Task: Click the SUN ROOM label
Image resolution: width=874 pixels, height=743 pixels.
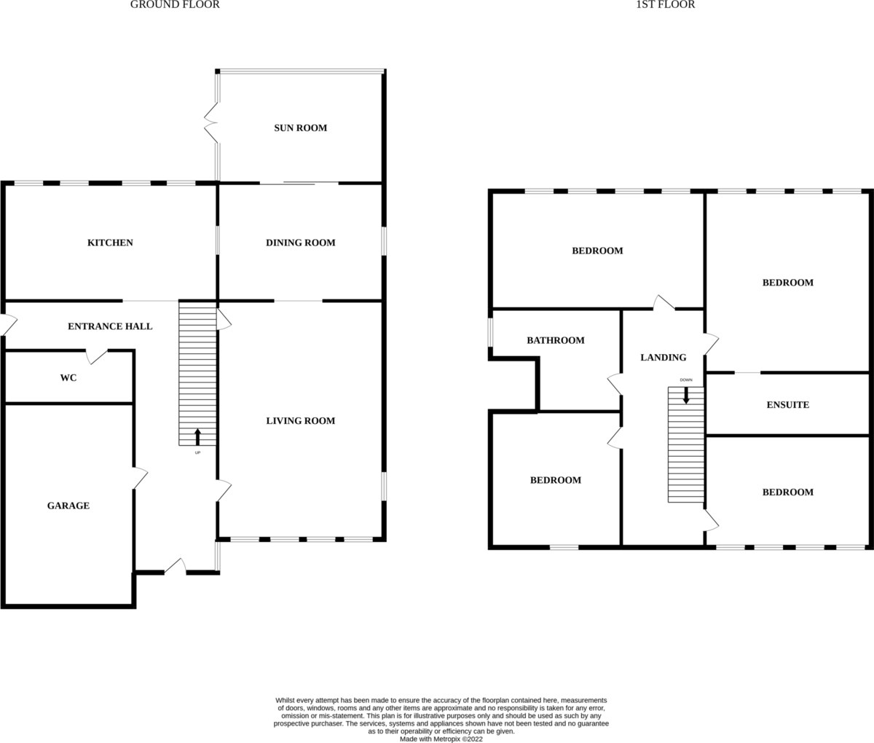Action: pos(300,127)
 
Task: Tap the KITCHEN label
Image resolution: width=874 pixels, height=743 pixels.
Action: pos(110,243)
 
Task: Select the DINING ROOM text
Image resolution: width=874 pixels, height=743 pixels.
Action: pos(300,243)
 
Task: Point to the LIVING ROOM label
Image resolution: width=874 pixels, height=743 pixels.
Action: pos(300,420)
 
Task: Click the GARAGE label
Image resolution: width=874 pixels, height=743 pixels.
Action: pos(68,506)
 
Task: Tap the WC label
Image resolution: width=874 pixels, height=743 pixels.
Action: pos(68,377)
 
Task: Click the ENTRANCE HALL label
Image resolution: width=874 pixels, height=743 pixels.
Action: pos(110,326)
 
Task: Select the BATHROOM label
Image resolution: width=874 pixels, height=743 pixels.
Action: pos(555,340)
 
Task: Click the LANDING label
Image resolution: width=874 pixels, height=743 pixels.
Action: pos(663,358)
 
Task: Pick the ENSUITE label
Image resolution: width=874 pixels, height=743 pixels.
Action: pos(788,405)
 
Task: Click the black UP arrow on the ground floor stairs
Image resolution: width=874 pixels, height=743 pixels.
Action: pos(197,437)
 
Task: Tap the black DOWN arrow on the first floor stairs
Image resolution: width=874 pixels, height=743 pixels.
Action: pos(686,396)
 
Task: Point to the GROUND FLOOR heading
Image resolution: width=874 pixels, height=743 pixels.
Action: pos(175,4)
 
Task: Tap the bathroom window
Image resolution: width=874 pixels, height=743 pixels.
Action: pos(490,332)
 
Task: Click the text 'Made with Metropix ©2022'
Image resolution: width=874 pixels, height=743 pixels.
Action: pos(441,739)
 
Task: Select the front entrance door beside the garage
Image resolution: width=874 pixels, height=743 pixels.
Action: pos(176,567)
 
